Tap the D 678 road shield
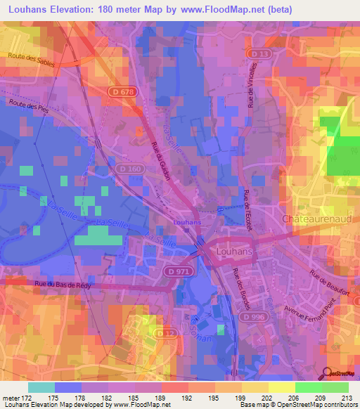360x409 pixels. point(137,91)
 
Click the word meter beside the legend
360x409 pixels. point(11,398)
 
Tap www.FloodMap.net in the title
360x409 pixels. point(217,8)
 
